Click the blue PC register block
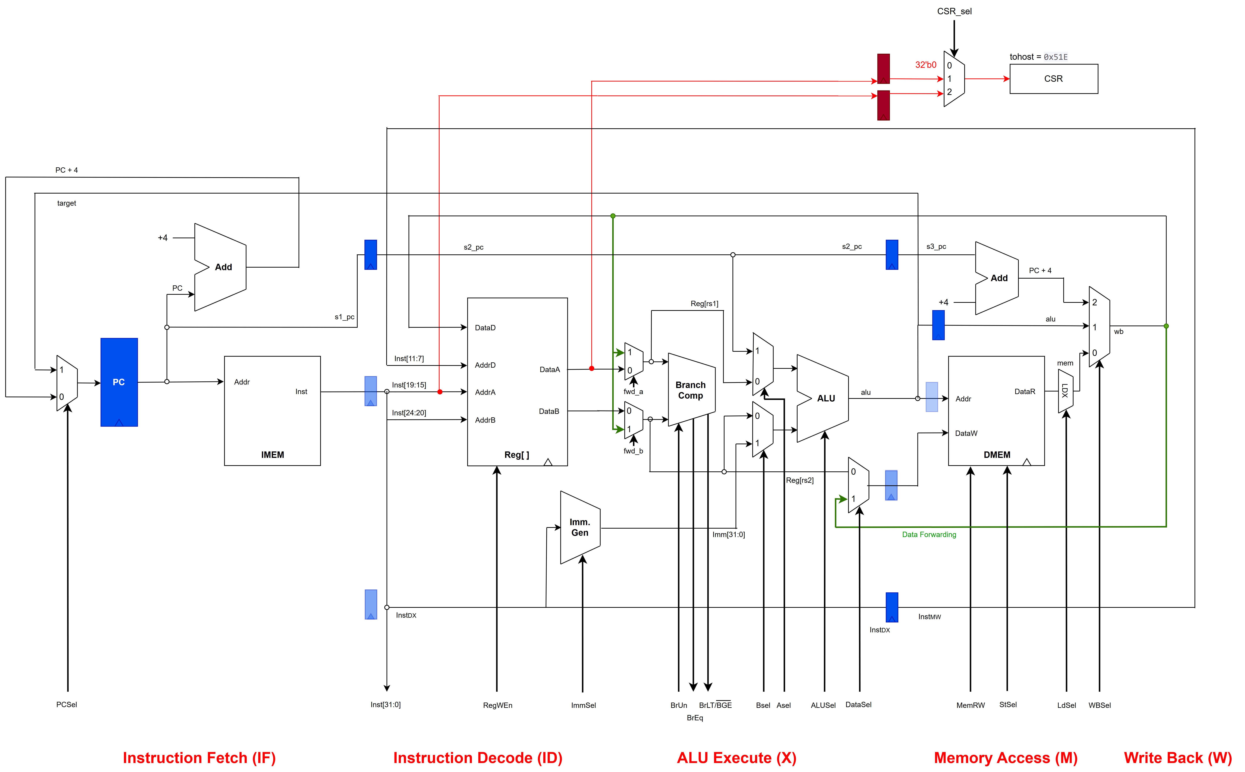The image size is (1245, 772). (x=119, y=382)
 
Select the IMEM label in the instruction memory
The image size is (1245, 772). (x=272, y=454)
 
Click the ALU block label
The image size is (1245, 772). (x=826, y=398)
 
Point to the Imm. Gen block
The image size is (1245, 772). (x=580, y=527)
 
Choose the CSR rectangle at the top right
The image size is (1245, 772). (x=1053, y=79)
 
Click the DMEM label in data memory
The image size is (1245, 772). (x=996, y=454)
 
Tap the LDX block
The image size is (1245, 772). (x=1065, y=391)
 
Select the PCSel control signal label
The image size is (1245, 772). (x=66, y=705)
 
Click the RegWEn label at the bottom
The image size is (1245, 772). (x=497, y=705)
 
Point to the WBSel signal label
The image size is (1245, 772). (x=1099, y=705)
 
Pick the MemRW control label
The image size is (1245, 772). (x=970, y=705)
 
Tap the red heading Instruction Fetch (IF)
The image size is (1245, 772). (x=199, y=758)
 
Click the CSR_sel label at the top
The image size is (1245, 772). (x=954, y=11)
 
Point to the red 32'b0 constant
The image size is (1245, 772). (x=925, y=65)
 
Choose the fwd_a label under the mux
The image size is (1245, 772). (x=633, y=392)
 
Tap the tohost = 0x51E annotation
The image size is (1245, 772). (x=1038, y=57)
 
